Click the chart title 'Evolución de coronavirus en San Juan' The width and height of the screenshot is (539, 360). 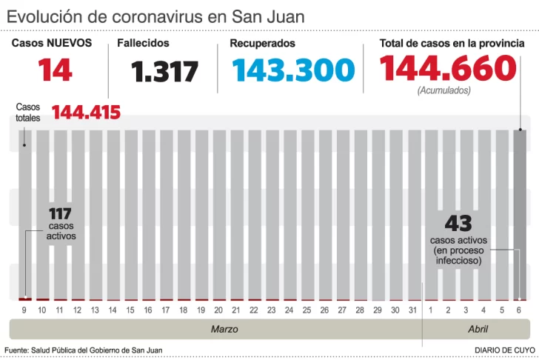pyautogui.click(x=155, y=16)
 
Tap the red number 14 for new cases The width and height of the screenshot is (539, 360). pyautogui.click(x=56, y=70)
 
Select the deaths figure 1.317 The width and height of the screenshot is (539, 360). pyautogui.click(x=164, y=72)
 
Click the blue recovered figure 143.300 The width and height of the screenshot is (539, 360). pyautogui.click(x=292, y=70)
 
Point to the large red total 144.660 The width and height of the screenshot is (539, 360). pyautogui.click(x=447, y=68)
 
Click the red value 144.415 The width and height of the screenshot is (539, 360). pyautogui.click(x=86, y=113)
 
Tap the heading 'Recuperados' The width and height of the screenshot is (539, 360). pyautogui.click(x=262, y=44)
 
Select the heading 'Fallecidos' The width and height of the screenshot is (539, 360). pyautogui.click(x=143, y=44)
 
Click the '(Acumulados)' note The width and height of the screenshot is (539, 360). pyautogui.click(x=443, y=90)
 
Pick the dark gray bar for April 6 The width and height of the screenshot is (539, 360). pyautogui.click(x=520, y=215)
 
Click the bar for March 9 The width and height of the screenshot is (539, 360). pyautogui.click(x=24, y=215)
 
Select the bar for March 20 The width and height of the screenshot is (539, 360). pyautogui.click(x=218, y=215)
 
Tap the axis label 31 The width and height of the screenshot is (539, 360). pyautogui.click(x=413, y=310)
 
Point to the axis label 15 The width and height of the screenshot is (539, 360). pyautogui.click(x=130, y=310)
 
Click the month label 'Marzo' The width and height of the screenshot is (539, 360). pyautogui.click(x=224, y=329)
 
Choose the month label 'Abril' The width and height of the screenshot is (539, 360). pyautogui.click(x=477, y=329)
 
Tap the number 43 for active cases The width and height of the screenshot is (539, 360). pyautogui.click(x=458, y=222)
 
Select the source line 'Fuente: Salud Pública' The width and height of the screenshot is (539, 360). pyautogui.click(x=83, y=350)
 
